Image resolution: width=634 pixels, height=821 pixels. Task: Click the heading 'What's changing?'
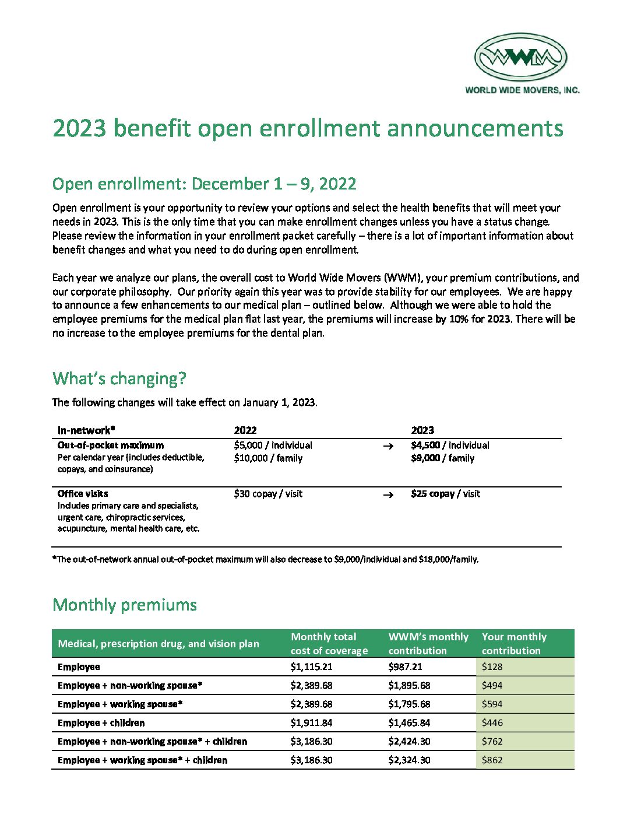119,378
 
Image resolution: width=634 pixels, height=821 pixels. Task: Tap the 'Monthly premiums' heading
125,605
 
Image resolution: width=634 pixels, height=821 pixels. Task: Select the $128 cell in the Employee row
492,666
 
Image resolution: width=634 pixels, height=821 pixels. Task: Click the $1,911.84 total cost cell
312,722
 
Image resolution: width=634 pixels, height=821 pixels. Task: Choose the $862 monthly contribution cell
492,760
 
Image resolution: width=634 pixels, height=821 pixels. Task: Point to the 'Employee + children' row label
101,722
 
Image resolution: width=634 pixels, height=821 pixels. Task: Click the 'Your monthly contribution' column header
515,644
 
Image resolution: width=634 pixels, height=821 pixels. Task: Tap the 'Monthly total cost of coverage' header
329,644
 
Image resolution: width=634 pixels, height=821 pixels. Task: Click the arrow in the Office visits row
388,494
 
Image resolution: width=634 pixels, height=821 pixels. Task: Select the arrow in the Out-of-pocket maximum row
388,446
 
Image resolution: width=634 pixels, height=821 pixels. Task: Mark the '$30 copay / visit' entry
268,494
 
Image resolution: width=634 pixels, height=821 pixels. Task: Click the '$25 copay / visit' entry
446,494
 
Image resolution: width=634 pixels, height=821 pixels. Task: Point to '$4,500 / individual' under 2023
450,445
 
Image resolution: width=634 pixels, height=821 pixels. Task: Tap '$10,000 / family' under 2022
268,458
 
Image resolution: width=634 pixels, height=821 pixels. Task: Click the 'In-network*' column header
86,430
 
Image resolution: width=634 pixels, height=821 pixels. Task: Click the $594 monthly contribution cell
492,704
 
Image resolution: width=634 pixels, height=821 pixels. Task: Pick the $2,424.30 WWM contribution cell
408,741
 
